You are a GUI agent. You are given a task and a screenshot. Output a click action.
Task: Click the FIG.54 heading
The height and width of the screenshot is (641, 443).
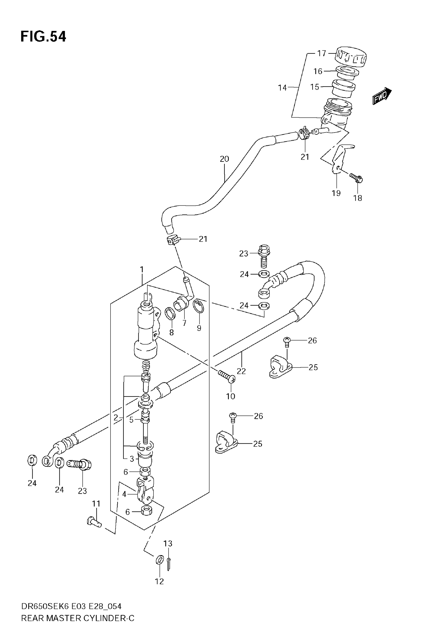pos(43,37)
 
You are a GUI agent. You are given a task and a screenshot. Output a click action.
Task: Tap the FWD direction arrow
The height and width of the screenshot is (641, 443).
pos(382,96)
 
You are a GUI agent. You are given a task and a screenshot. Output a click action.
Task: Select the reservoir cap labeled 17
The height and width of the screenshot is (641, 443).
pos(351,57)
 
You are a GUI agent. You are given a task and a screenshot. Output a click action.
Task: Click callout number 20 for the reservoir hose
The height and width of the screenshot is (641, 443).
pos(224,159)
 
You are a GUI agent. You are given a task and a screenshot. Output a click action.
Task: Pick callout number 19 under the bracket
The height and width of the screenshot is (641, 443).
pos(336,193)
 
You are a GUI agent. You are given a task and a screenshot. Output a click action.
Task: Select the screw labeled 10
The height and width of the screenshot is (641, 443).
pos(227,376)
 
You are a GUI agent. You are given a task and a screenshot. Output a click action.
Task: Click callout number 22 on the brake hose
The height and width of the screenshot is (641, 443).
pos(241,371)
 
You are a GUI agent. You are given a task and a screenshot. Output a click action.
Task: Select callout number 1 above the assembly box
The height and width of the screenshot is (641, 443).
pos(142,269)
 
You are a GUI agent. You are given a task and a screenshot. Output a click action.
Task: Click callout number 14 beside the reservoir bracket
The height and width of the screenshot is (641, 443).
pos(282,88)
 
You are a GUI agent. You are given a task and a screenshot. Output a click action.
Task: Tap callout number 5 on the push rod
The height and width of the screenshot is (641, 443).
pos(131,420)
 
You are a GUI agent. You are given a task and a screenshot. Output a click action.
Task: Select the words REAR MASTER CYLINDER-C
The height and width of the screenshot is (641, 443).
pos(77,618)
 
